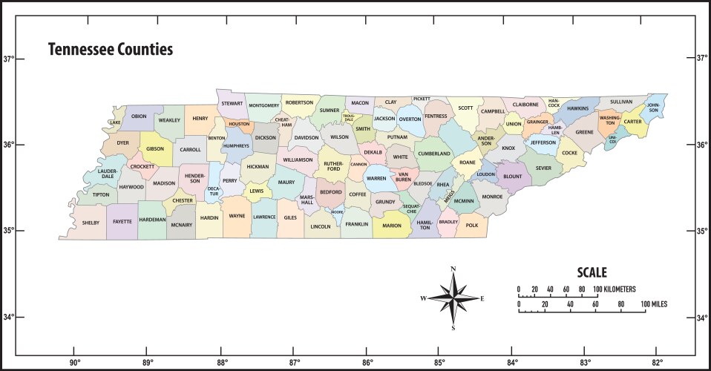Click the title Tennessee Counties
[111, 50]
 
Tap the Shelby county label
[91, 222]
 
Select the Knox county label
[508, 148]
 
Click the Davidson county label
[306, 137]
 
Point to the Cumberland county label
[433, 154]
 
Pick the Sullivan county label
[621, 101]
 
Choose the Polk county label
[472, 224]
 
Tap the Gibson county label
[155, 148]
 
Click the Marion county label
[391, 225]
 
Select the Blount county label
[512, 177]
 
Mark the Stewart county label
[232, 104]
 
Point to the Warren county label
[376, 178]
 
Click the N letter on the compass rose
[453, 269]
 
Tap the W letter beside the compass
[423, 298]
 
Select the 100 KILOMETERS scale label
[614, 288]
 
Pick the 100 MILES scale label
[653, 303]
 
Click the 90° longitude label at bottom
[74, 362]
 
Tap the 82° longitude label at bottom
[657, 362]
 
